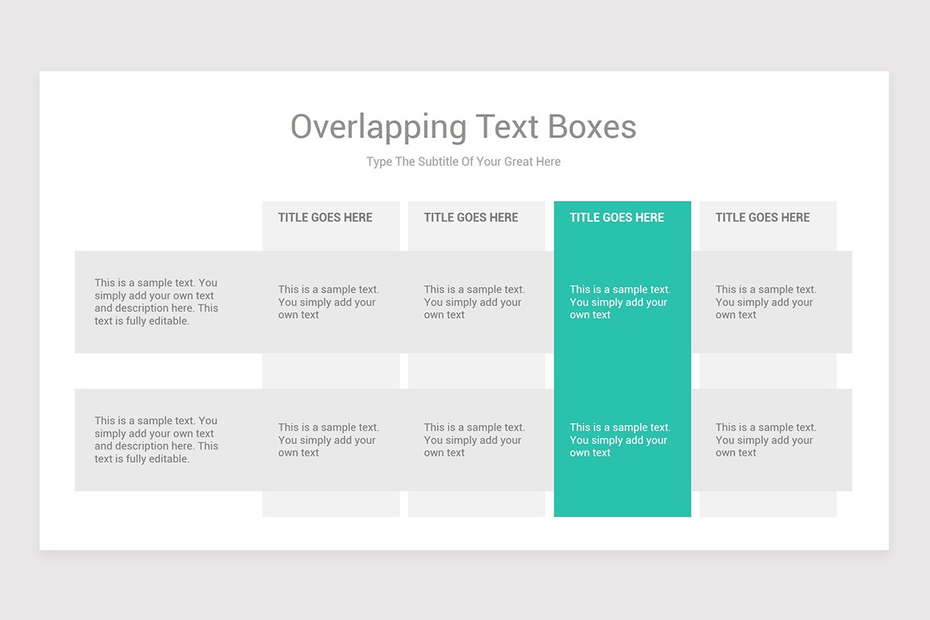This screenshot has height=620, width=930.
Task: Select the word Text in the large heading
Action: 508,127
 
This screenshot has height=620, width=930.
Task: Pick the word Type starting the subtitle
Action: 379,162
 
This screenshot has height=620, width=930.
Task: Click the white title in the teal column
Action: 617,218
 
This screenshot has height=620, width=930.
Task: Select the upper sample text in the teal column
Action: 619,302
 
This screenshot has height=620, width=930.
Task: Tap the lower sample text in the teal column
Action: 619,440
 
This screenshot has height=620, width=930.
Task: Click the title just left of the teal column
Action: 471,218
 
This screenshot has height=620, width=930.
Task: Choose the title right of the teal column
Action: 763,218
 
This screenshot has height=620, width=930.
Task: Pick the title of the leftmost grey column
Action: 325,218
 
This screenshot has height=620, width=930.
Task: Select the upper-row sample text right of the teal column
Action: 765,302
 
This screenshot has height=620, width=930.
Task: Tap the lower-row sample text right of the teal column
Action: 765,440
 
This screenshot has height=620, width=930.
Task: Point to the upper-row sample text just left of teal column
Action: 474,302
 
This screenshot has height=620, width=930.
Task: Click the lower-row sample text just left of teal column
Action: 474,440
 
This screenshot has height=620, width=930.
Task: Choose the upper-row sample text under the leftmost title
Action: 328,302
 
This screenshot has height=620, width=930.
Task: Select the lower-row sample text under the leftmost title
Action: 328,440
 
